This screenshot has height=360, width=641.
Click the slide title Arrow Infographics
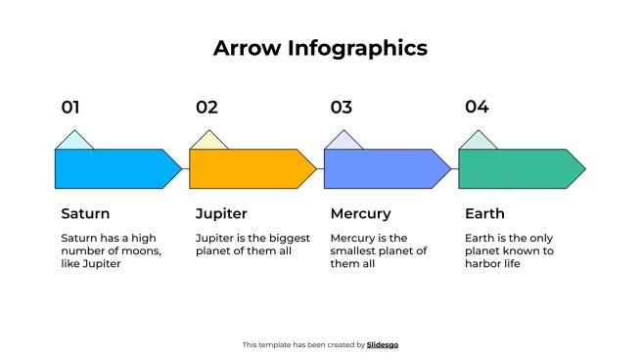[x=320, y=48]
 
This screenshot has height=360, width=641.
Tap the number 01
[x=70, y=108]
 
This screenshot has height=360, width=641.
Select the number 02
[x=206, y=108]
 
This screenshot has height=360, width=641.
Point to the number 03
[x=341, y=108]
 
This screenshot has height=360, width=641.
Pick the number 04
[x=477, y=108]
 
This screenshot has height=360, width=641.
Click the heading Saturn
[x=85, y=213]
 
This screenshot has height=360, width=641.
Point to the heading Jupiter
[x=221, y=213]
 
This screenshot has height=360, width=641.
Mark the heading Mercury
[x=360, y=213]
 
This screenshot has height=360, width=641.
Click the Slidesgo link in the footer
[x=383, y=344]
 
